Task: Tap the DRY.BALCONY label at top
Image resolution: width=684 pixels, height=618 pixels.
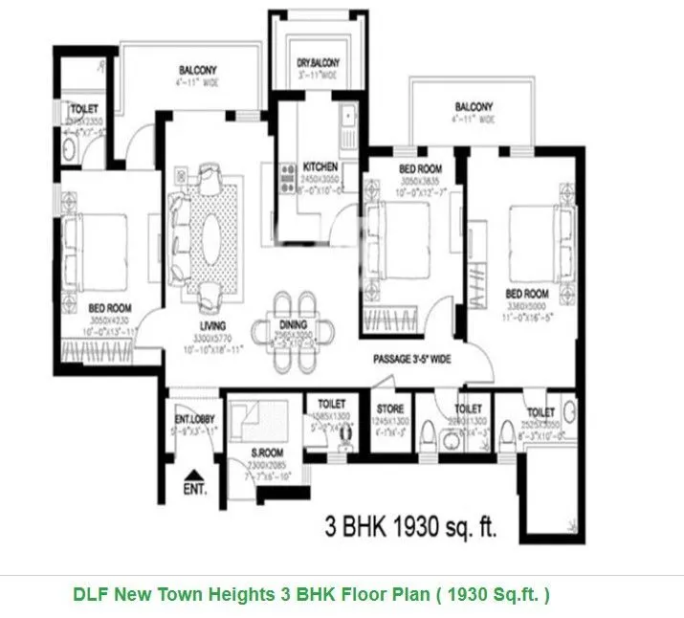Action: pyautogui.click(x=318, y=63)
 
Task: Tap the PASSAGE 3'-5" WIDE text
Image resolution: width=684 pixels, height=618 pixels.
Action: pyautogui.click(x=424, y=362)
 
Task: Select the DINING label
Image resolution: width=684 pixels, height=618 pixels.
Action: pyautogui.click(x=293, y=324)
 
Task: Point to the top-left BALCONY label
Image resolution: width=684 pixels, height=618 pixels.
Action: pyautogui.click(x=198, y=70)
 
